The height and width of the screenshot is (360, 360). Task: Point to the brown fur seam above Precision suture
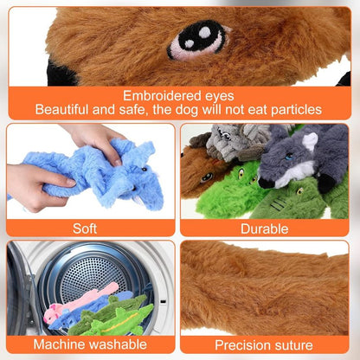click(264, 290)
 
